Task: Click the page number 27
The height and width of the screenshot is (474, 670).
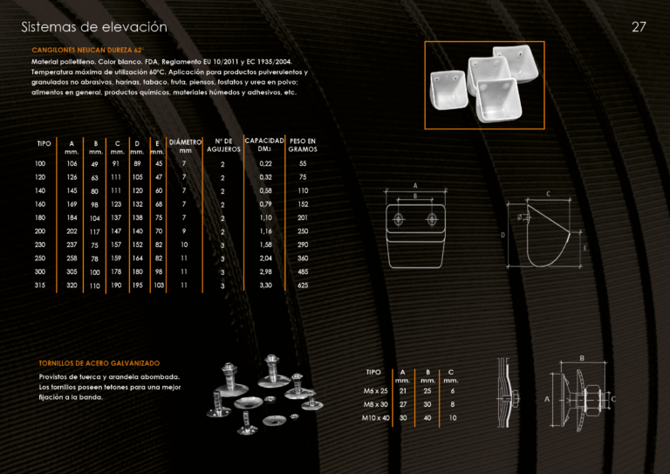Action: coord(639,27)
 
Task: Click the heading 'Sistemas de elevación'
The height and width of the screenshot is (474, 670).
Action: coord(94,27)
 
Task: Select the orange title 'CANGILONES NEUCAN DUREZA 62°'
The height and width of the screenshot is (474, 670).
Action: coord(88,50)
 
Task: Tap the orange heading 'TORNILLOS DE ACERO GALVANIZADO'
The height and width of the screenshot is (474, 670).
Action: coord(99,363)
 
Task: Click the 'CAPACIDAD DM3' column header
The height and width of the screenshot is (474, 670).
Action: coord(264,144)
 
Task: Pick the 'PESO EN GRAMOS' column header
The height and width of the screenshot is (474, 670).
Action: coord(303,145)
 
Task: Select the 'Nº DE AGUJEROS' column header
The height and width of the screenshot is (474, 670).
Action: coord(223,145)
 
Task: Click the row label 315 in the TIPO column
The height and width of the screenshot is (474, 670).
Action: coord(40,285)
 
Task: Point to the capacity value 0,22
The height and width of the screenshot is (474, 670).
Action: coord(265,164)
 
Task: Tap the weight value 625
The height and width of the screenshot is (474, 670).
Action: coord(303,285)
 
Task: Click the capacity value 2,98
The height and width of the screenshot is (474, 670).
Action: coord(265,271)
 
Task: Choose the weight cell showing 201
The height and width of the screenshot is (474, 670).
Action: coord(303,217)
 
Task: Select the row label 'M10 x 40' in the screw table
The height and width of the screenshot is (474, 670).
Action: coord(376,418)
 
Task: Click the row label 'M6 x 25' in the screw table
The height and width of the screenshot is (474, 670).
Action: coord(376,391)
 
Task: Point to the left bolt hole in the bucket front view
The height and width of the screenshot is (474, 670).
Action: coord(398,219)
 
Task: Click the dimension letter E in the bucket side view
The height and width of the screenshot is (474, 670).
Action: coord(585,248)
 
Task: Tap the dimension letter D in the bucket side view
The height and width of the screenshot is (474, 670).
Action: coord(502,235)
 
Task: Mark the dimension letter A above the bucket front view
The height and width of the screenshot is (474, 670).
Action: coord(415,185)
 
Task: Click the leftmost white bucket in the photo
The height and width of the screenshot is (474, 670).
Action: coord(448,90)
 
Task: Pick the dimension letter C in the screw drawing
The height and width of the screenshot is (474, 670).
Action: coord(613,399)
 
